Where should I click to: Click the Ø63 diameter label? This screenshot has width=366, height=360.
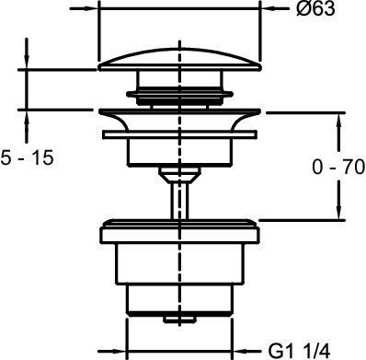point(315,9)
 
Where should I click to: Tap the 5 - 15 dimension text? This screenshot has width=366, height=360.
point(27,158)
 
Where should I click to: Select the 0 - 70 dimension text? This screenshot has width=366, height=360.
point(338,168)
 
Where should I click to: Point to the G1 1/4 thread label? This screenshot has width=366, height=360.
point(299,351)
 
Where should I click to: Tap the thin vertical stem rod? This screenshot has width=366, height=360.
point(180,201)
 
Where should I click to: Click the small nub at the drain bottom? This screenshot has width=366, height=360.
point(180,319)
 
